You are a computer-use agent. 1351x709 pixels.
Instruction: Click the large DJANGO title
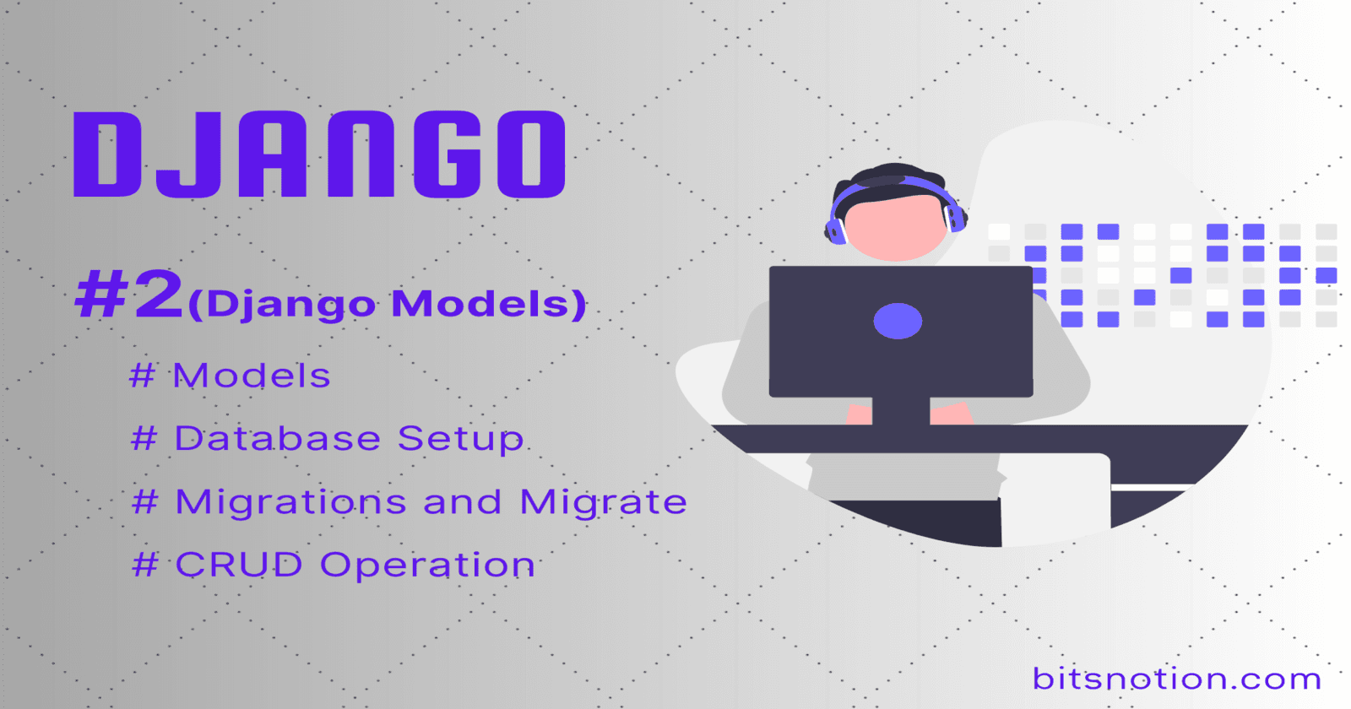pos(319,155)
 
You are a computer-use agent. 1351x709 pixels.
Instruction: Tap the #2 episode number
pos(129,295)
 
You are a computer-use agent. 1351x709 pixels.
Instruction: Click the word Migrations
pos(290,503)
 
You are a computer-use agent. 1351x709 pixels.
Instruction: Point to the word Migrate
pos(603,502)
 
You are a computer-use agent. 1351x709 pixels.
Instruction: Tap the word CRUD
pos(239,566)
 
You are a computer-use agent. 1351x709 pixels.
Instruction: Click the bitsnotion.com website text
pos(1176,679)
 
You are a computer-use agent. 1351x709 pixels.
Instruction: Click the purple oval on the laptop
pos(898,322)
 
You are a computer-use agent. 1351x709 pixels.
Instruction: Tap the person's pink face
pos(896,229)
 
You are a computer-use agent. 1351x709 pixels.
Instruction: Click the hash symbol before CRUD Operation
pos(145,566)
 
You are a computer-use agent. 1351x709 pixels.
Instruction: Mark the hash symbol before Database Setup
pos(144,439)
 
